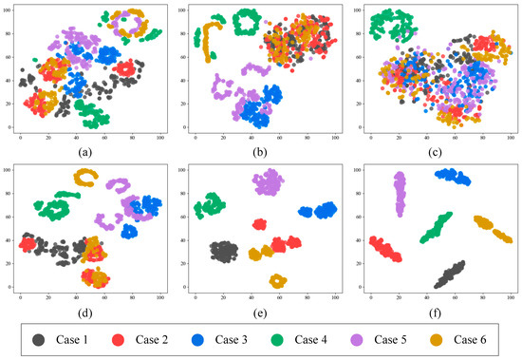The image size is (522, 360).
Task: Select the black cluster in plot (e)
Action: pos(223,252)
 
